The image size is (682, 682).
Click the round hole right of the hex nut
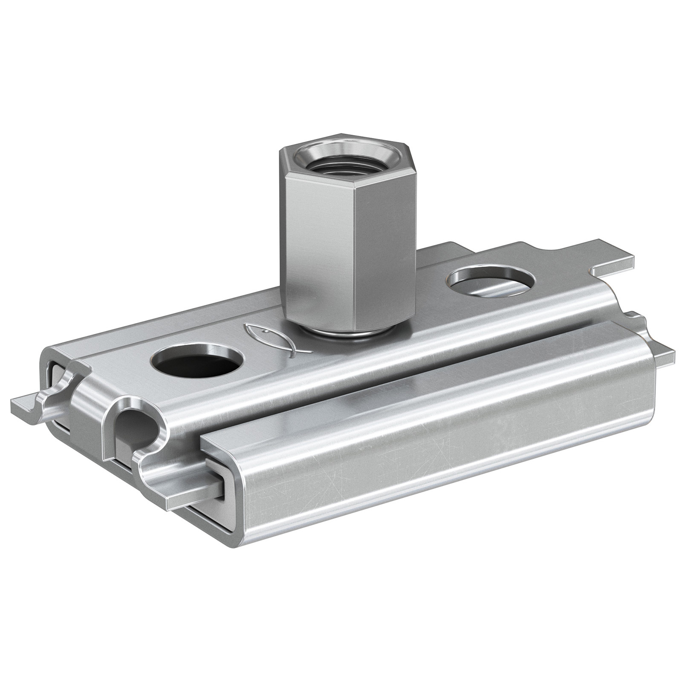pos(490,281)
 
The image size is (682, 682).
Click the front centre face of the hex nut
pos(322,251)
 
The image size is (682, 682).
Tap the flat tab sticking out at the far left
pos(26,405)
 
